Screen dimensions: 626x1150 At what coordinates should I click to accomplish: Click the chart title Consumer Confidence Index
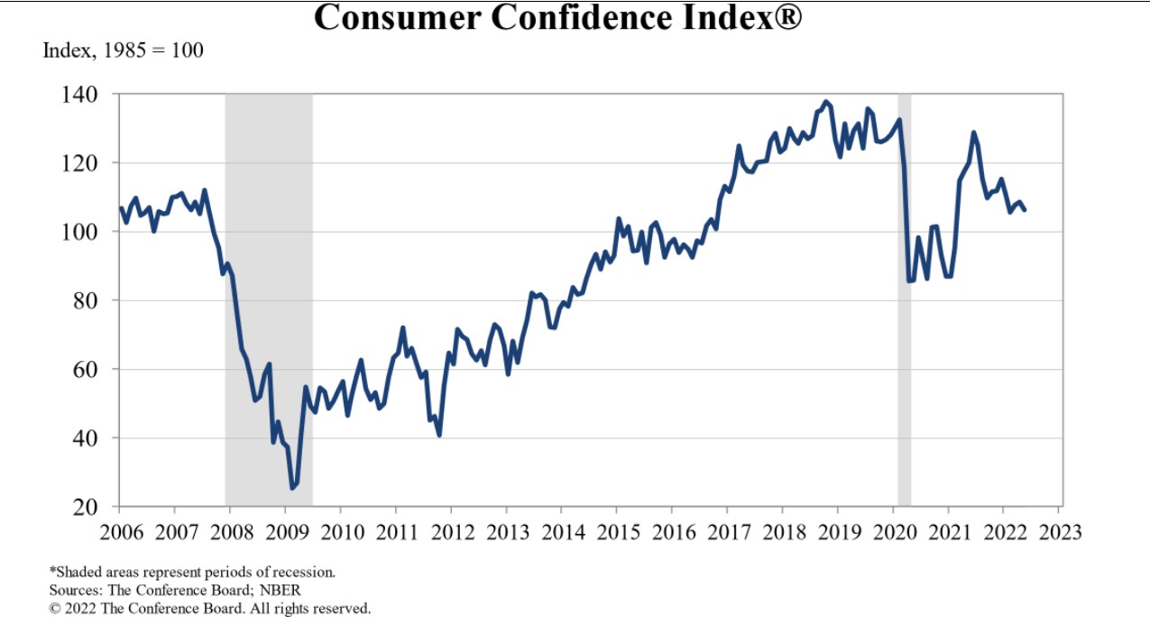557,17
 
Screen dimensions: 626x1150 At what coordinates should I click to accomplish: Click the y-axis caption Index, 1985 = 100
124,51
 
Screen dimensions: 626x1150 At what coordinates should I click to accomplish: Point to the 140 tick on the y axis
94,95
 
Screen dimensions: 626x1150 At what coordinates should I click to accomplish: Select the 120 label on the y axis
94,163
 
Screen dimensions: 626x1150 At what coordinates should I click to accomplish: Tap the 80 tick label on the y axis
98,300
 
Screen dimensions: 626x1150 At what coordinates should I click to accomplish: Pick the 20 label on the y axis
98,507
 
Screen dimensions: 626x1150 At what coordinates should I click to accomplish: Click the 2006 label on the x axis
120,531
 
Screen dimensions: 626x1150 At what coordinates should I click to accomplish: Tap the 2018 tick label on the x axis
782,531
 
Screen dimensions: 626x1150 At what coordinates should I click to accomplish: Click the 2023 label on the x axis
1058,531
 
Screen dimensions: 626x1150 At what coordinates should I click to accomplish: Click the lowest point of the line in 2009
292,488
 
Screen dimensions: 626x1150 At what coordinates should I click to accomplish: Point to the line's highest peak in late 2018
826,102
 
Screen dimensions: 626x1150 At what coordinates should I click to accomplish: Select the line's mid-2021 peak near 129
973,133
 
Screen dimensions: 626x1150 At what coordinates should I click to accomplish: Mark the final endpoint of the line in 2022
1025,210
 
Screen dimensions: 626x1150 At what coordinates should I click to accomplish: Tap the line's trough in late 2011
439,436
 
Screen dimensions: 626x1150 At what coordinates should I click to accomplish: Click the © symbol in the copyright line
54,609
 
